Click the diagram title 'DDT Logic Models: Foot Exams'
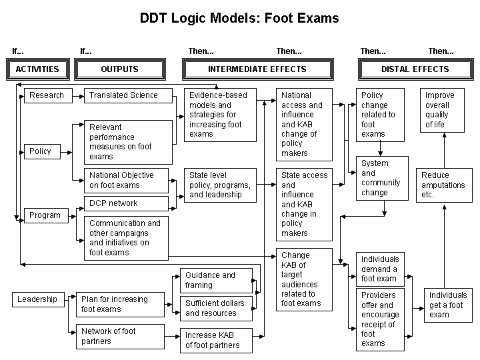239,18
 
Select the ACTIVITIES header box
37,69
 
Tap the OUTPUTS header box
119,69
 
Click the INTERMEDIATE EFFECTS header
257,69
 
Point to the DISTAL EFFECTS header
415,69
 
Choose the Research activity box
47,95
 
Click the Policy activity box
40,151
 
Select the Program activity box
45,215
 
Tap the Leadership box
37,299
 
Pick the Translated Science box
126,95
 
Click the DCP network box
126,203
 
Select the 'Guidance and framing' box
217,280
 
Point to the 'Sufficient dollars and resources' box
217,308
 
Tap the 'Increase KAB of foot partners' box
217,340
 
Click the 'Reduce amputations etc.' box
443,185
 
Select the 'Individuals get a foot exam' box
448,305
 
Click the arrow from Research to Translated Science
77,95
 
